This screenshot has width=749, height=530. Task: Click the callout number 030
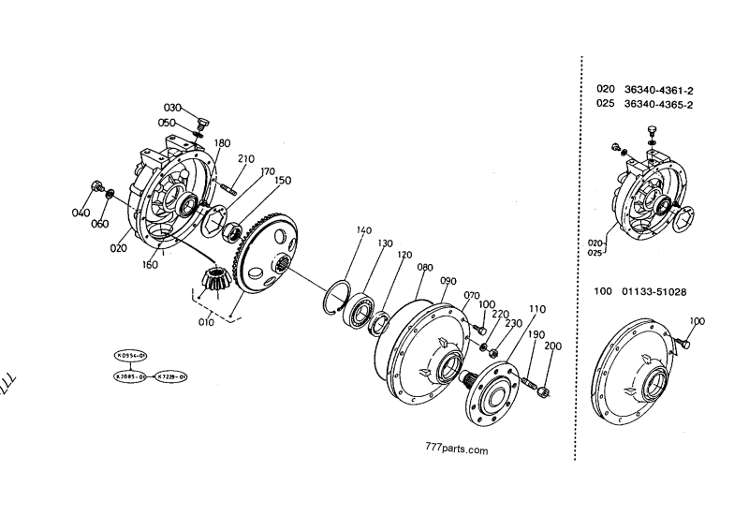coord(173,108)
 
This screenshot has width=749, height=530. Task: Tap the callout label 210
coord(246,158)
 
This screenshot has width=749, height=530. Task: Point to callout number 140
coord(363,230)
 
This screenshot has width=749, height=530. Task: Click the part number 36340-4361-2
coord(658,89)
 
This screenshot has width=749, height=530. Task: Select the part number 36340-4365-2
coord(658,105)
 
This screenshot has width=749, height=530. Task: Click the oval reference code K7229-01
coord(171,375)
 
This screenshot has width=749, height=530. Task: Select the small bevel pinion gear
coord(216,279)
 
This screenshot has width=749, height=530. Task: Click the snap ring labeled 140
coord(339,292)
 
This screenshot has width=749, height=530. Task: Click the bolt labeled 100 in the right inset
coord(682,346)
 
